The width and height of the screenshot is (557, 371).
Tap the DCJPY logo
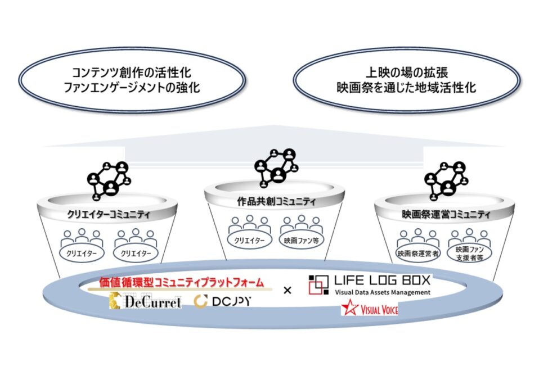click(223, 302)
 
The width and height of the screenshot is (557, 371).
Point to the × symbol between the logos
click(288, 291)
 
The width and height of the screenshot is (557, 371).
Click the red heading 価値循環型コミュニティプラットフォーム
click(183, 282)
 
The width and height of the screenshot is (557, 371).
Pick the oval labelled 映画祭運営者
click(417, 254)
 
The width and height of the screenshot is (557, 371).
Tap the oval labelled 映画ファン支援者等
click(470, 253)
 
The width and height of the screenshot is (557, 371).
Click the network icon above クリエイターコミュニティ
click(109, 180)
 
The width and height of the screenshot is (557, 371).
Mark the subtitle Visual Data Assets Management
click(382, 292)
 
